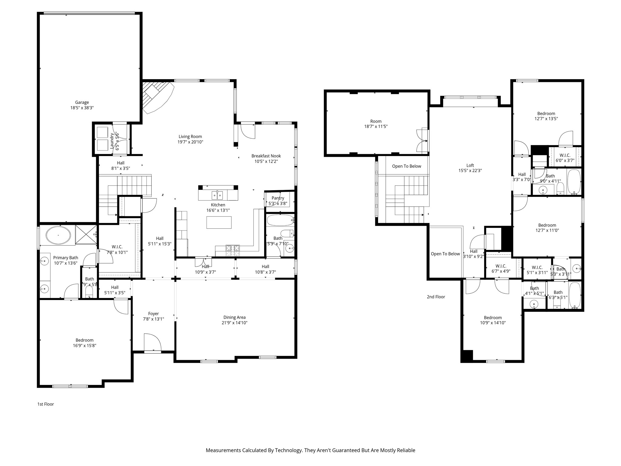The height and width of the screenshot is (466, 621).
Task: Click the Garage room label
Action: click(82, 103)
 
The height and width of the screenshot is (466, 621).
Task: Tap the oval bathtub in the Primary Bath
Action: click(58, 235)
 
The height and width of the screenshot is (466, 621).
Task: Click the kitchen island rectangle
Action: click(219, 222)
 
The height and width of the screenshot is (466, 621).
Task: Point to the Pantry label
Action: click(278, 198)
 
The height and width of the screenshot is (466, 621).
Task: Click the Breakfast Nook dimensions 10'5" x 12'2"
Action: click(266, 161)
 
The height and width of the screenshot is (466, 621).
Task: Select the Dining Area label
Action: click(234, 317)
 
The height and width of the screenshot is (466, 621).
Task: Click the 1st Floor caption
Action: click(45, 404)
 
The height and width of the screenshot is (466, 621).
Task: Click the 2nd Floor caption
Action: click(436, 297)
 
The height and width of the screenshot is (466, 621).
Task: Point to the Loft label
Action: click(470, 165)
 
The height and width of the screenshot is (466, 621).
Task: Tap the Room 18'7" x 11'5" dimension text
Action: click(376, 127)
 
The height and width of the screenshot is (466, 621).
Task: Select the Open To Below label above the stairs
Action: click(406, 166)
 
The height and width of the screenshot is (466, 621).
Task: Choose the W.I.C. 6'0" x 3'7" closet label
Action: click(565, 155)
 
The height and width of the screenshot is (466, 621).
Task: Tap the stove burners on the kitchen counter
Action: click(233, 248)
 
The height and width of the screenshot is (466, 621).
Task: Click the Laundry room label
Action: click(112, 141)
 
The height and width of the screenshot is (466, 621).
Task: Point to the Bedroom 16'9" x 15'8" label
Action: click(84, 340)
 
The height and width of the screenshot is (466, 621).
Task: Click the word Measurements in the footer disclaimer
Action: click(223, 450)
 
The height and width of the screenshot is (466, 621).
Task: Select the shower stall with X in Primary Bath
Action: click(86, 234)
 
